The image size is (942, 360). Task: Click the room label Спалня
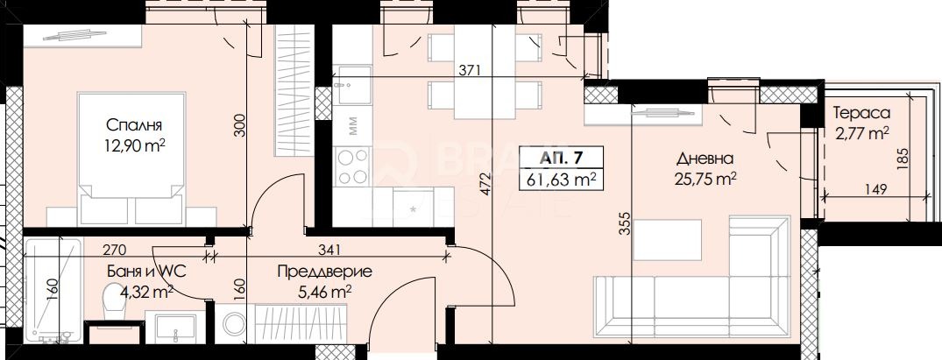134,125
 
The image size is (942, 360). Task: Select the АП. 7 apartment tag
562,158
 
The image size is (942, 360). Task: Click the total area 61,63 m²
562,179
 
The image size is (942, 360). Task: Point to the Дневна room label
705,159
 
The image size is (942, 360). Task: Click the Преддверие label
324,272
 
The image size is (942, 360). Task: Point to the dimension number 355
625,223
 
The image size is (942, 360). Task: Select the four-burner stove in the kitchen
352,166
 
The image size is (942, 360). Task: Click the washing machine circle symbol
234,323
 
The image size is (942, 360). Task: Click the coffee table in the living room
668,240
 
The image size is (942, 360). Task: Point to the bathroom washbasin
175,327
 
